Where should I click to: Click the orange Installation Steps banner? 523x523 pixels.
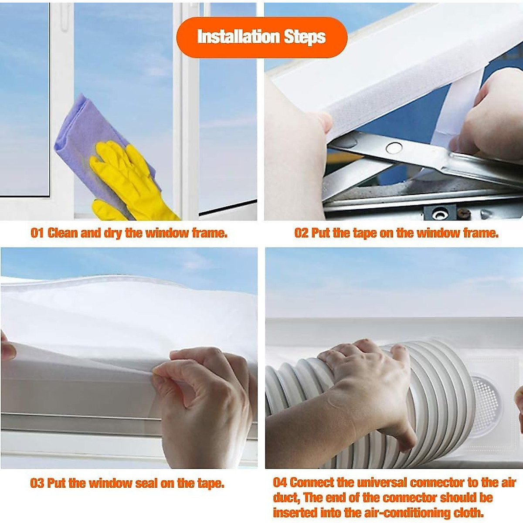pos(261,37)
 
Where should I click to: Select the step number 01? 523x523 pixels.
pos(37,233)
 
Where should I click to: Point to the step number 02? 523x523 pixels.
pos(301,233)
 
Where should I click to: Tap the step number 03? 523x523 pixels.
pos(37,483)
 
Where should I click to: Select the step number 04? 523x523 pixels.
pos(280,482)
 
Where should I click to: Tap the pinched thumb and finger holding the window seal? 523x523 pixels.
pos(163,370)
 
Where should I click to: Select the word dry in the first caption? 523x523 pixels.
pos(112,233)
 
